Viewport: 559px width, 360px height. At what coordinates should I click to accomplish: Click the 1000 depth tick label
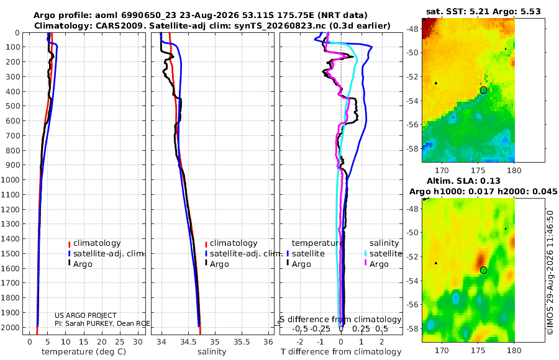tap(10, 179)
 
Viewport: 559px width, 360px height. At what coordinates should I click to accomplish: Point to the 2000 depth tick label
tap(10, 327)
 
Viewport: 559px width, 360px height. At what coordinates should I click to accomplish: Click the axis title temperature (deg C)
tap(84, 352)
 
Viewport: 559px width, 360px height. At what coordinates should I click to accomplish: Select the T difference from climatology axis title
tap(341, 352)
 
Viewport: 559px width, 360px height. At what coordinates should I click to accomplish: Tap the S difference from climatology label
tap(340, 320)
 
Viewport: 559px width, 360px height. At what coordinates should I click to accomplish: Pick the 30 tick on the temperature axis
tap(138, 341)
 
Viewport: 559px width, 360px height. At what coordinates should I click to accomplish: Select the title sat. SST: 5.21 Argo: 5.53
tap(483, 11)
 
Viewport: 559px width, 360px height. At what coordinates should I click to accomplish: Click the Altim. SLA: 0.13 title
tap(463, 181)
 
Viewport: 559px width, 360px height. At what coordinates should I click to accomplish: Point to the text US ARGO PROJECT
tap(86, 315)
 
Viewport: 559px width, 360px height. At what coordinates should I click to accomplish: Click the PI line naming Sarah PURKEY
tap(102, 323)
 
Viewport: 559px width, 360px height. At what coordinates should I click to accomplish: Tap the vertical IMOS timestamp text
tap(550, 272)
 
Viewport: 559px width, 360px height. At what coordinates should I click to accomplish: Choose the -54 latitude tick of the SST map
tap(413, 101)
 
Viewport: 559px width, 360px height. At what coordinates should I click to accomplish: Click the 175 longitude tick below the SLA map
tap(478, 350)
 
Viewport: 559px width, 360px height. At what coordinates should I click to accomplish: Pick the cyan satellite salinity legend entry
tap(383, 253)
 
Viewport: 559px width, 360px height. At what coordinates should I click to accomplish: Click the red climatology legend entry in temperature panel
tap(94, 243)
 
